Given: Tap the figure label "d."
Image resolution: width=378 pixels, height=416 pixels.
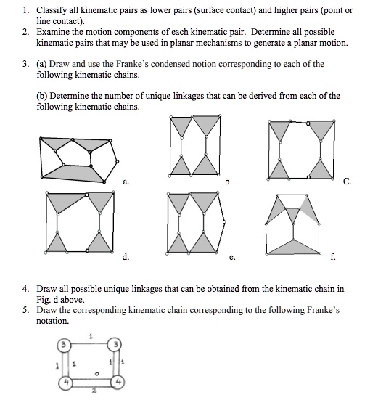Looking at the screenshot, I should point(126,256).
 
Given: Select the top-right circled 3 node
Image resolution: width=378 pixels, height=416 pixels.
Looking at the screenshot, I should point(115,344).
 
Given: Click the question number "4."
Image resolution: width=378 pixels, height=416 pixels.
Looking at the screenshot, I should point(25,289).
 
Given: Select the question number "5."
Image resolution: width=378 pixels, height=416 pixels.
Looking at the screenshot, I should point(25,309).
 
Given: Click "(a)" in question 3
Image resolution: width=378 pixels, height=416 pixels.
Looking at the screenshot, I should point(42,64).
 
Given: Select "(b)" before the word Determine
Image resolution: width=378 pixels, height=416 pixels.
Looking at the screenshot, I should point(42,95).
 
